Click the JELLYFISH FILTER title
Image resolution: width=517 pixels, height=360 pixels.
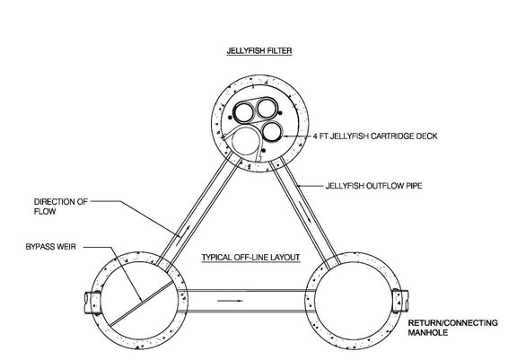click(259, 51)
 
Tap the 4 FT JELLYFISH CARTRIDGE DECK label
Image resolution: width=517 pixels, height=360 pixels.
click(375, 136)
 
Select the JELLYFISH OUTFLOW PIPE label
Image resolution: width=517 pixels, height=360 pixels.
click(373, 186)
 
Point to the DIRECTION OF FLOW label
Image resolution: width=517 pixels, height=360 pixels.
click(61, 206)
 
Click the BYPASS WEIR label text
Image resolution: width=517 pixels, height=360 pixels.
click(51, 247)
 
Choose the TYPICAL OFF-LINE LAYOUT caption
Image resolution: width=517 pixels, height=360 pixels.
click(251, 257)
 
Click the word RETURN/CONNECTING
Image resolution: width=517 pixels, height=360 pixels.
click(453, 323)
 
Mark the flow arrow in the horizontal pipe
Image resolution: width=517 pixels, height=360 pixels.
click(230, 301)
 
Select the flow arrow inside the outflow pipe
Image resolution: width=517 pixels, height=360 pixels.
click(304, 211)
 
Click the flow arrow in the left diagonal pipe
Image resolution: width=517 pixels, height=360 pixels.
click(183, 235)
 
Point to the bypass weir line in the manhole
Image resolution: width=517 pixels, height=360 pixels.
click(142, 303)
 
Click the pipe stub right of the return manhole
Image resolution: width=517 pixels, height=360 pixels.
click(400, 301)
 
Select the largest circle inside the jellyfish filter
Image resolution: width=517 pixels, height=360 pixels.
click(247, 140)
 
